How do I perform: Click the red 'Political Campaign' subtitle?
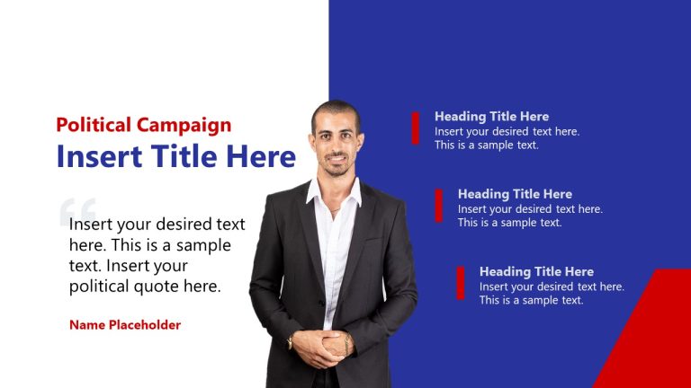pyautogui.click(x=144, y=125)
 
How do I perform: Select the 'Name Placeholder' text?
pyautogui.click(x=125, y=325)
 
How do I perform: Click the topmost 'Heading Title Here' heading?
pyautogui.click(x=491, y=117)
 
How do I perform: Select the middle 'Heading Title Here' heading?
pyautogui.click(x=515, y=194)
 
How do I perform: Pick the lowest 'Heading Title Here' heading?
pyautogui.click(x=536, y=271)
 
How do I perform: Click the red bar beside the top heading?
pyautogui.click(x=416, y=128)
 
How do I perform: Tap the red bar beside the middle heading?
pyautogui.click(x=438, y=205)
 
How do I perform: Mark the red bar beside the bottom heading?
pyautogui.click(x=461, y=283)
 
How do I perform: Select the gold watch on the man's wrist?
pyautogui.click(x=291, y=342)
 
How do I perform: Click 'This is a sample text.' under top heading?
pyautogui.click(x=487, y=145)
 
